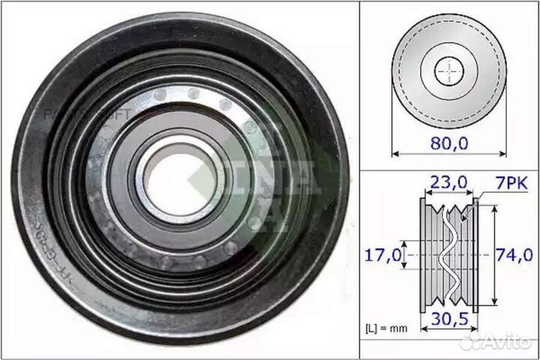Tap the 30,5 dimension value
(448, 318)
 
